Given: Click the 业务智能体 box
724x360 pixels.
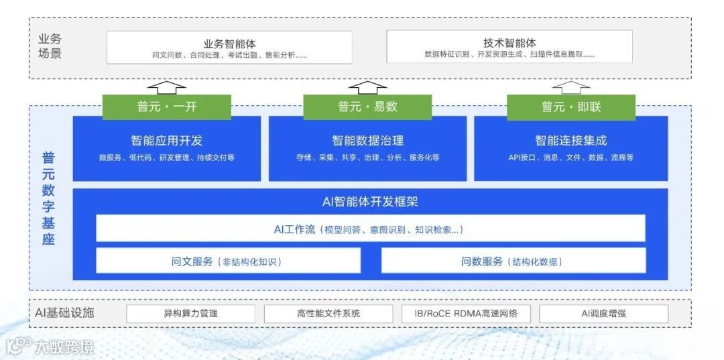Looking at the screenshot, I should [x=229, y=48].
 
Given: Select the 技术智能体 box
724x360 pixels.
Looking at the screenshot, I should [x=509, y=48].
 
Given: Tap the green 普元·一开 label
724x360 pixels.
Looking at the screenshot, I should [x=166, y=107].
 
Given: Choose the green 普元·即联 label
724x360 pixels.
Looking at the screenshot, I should [x=571, y=107].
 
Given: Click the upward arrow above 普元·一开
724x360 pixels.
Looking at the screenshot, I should [x=166, y=86].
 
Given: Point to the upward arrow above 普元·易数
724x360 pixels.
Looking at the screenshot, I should [x=367, y=86].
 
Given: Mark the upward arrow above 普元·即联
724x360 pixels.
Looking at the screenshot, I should [x=571, y=86].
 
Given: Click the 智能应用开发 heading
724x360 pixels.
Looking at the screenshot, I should [x=166, y=141].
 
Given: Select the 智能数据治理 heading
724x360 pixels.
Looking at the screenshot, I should [x=367, y=141].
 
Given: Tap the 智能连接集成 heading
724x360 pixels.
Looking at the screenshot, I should [x=570, y=141].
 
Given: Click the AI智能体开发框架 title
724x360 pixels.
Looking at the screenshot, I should [x=370, y=201].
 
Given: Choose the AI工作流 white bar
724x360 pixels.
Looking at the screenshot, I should [x=370, y=229].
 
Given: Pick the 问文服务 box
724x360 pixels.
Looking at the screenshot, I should [x=228, y=261].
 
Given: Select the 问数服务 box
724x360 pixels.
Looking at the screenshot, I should [x=513, y=261].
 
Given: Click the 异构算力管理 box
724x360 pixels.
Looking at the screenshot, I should [x=190, y=313].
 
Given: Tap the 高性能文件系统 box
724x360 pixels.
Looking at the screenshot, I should [x=328, y=313].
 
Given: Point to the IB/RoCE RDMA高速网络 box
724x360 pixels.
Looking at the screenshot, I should [x=465, y=313].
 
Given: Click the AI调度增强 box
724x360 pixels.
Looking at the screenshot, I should [x=603, y=313].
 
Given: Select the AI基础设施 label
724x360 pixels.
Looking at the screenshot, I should [x=65, y=312].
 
